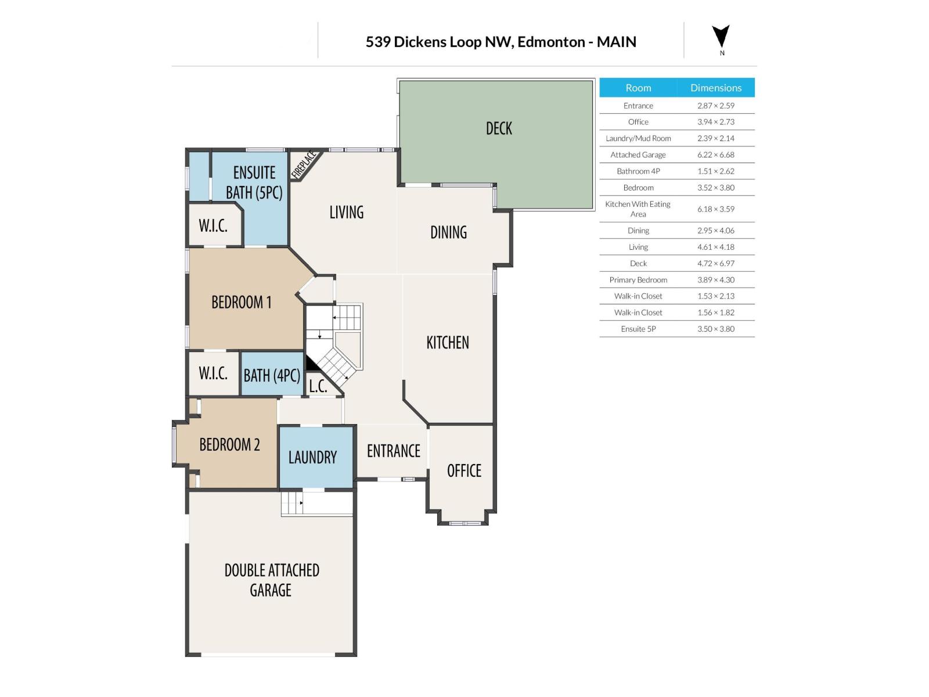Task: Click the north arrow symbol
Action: tap(721, 37)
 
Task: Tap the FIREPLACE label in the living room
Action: tap(304, 164)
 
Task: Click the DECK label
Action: tap(499, 128)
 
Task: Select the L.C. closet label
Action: tap(318, 387)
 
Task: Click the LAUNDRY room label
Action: tap(312, 458)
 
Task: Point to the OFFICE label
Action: tap(464, 471)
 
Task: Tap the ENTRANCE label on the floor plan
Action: tap(393, 451)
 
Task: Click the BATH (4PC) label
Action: tap(272, 376)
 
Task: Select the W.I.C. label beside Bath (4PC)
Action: tap(213, 373)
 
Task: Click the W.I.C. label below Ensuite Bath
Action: tap(213, 226)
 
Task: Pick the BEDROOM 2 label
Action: tap(229, 445)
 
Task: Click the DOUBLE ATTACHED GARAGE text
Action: tap(271, 580)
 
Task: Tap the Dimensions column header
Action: tap(715, 88)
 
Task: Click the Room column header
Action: tap(638, 88)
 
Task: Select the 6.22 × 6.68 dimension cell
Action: tap(715, 155)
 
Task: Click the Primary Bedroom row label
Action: tap(638, 279)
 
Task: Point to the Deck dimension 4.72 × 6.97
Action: tap(715, 263)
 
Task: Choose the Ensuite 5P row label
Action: tap(638, 329)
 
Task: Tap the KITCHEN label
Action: tap(448, 343)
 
